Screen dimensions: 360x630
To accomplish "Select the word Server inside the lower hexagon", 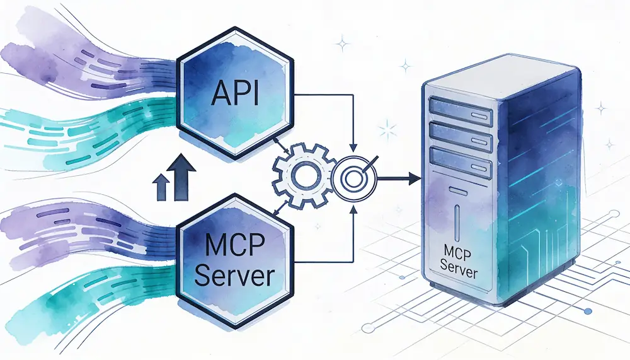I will [x=234, y=276].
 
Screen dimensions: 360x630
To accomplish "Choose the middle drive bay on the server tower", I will [x=459, y=134].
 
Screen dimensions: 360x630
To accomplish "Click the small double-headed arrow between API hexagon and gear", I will [x=279, y=142].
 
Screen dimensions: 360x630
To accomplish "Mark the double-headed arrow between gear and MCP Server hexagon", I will [x=278, y=210].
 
